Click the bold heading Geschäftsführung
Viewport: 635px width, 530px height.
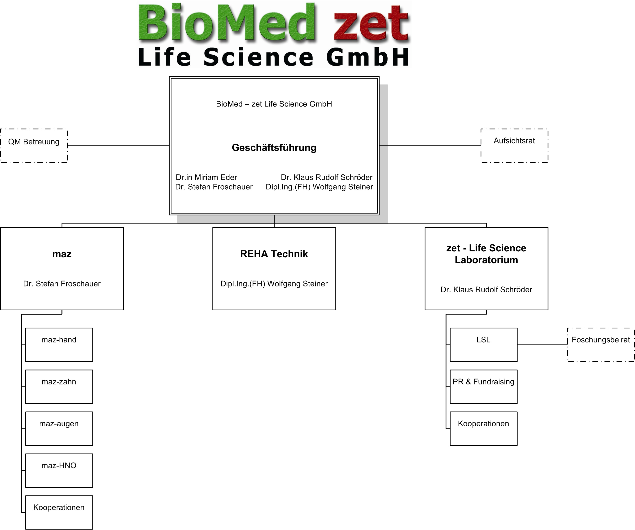(274, 148)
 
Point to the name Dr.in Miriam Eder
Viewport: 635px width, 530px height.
(206, 177)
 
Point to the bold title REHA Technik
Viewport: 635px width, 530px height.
(274, 254)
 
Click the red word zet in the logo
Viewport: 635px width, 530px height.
(371, 24)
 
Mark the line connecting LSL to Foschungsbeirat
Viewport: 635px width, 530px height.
(542, 344)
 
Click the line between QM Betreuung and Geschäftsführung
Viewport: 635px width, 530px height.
(118, 146)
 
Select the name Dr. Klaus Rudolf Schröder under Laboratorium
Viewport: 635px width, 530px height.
(486, 290)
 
